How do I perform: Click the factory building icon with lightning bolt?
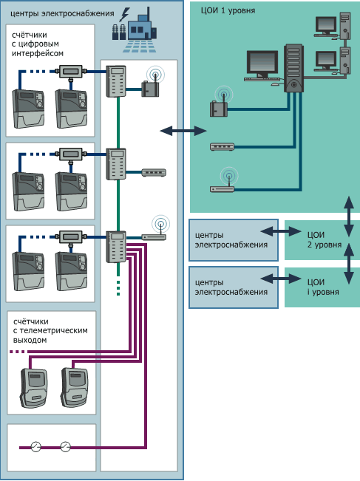tap(135, 30)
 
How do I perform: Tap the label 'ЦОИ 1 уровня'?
tap(228, 11)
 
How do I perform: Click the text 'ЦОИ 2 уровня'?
tap(325, 240)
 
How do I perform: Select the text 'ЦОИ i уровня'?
tap(323, 287)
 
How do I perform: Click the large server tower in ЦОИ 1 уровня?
tap(293, 68)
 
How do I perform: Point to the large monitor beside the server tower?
tap(262, 66)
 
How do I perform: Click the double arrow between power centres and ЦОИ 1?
tap(183, 131)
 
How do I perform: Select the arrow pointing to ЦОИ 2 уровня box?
tap(281, 231)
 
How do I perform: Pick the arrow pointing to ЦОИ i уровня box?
tap(281, 279)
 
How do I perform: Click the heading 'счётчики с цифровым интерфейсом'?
tap(38, 44)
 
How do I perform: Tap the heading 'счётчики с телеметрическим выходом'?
tap(50, 331)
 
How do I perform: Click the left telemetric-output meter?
tap(34, 388)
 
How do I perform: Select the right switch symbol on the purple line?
tap(65, 446)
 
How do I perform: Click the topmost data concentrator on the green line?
tap(116, 81)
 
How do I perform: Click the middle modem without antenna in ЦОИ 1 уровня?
tap(223, 146)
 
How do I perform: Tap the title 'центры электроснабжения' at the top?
tap(62, 14)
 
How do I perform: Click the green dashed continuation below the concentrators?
tap(118, 287)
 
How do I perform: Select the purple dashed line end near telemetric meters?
tap(17, 352)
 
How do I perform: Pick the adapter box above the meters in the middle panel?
tap(70, 154)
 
